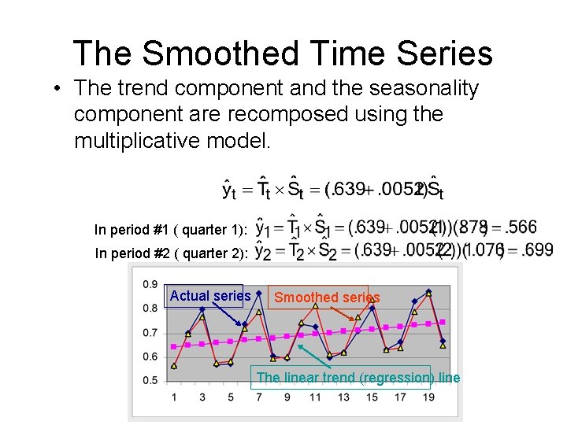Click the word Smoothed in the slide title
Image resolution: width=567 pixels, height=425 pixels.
[x=220, y=54]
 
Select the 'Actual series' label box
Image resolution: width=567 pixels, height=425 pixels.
[x=209, y=296]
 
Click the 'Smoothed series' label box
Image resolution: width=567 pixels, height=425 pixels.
[x=327, y=297]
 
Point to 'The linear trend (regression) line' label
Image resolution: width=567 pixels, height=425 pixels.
[x=358, y=378]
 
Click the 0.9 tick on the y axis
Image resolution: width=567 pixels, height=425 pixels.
[x=150, y=284]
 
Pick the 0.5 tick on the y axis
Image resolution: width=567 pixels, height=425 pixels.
[x=150, y=380]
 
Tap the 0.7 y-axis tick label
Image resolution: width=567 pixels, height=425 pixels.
[x=150, y=332]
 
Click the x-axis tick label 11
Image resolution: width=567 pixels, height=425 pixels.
[x=315, y=397]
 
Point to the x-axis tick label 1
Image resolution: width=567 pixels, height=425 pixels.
[x=174, y=397]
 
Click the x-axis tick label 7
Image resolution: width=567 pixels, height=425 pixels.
[x=259, y=397]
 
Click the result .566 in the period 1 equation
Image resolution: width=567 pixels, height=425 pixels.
[x=520, y=227]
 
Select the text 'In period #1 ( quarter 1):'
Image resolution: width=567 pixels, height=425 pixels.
[x=171, y=230]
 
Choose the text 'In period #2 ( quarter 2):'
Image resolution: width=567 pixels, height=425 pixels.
[x=172, y=253]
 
